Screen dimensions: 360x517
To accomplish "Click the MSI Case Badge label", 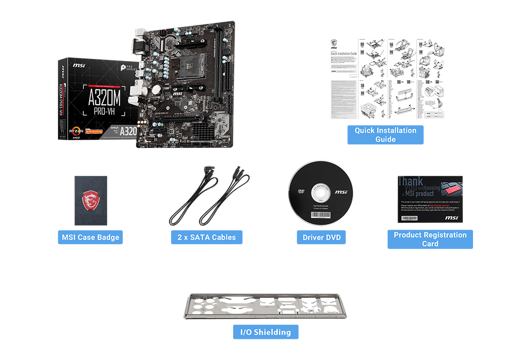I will pos(90,237).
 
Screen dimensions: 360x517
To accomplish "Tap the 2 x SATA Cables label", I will pos(206,237).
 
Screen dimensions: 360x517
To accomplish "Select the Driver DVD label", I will pos(321,237).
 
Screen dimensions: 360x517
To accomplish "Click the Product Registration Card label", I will pos(430,239).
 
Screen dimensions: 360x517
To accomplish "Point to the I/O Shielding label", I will pos(266,332).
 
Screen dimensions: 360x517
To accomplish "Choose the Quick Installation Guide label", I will pos(385,134).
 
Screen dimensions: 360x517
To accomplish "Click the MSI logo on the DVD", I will pos(341,192).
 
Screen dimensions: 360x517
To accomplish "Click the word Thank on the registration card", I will pos(410,182).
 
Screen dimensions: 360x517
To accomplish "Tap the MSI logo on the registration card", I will pos(451,218).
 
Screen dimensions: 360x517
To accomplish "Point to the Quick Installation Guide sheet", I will pos(387,79).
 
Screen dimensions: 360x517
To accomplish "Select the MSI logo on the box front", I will pos(79,66).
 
